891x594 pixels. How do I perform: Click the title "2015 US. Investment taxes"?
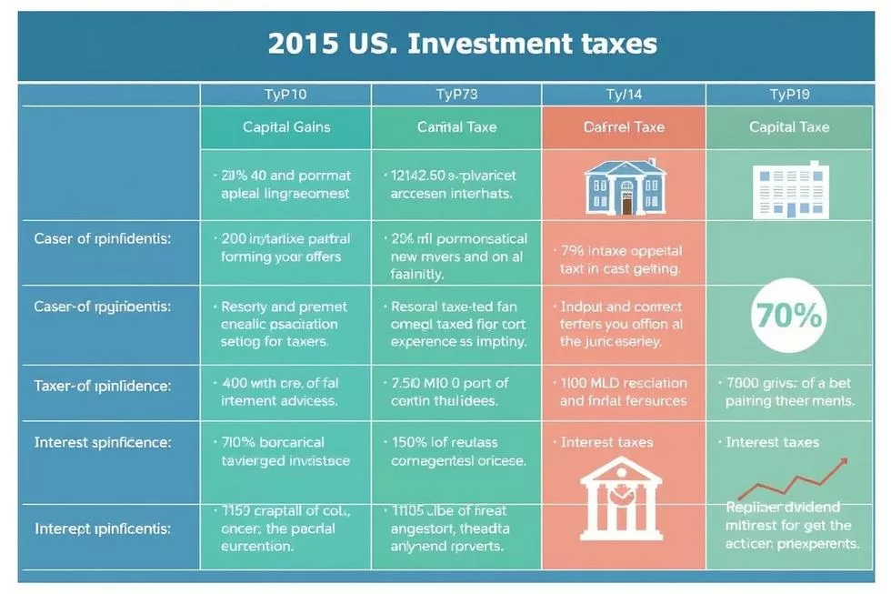pos(463,45)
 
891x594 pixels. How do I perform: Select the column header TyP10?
pos(285,95)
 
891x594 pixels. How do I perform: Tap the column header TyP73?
pos(456,95)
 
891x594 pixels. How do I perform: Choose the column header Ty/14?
pos(624,95)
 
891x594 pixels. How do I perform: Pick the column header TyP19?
pos(789,95)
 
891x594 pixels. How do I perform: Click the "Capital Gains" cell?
pos(286,127)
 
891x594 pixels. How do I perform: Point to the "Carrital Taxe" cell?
pos(456,127)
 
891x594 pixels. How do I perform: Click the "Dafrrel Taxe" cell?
pos(624,127)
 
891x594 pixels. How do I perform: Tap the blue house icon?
pos(626,186)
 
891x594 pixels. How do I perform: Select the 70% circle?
pos(789,315)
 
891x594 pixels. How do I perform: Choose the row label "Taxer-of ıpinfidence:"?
pos(102,386)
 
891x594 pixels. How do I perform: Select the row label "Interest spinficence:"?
pos(102,443)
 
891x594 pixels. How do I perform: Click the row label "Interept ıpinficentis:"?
pos(102,528)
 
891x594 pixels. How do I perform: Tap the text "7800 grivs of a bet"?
pos(789,383)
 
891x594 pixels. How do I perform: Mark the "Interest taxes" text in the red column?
pos(606,442)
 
